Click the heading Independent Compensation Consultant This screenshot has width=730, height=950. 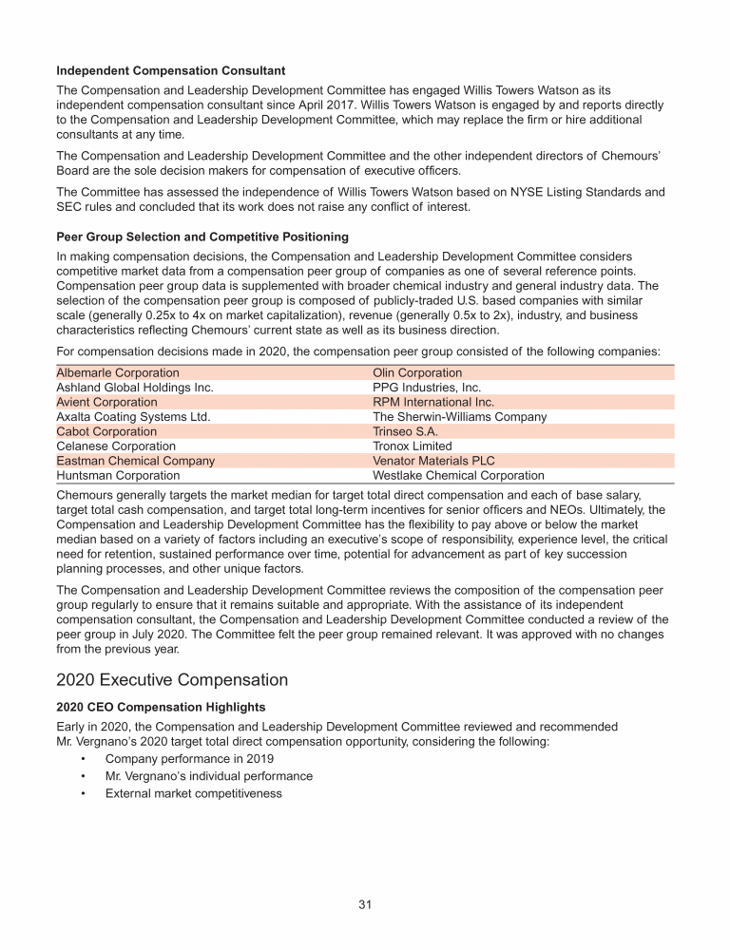171,71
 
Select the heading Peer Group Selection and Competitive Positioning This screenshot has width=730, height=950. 202,237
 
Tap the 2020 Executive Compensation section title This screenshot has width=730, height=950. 171,680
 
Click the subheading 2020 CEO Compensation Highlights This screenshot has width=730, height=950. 163,708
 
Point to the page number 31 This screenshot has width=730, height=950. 364,903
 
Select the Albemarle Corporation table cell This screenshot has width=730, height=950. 118,373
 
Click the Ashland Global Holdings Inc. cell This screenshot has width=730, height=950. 135,388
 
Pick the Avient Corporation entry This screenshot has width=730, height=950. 107,402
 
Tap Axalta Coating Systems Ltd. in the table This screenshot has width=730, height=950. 133,417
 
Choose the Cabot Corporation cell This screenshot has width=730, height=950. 106,431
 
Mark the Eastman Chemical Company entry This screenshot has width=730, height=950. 136,461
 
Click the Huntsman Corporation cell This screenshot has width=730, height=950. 118,475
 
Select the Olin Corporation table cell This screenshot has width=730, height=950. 417,373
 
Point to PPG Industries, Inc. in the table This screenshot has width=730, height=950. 427,388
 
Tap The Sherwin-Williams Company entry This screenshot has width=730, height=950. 460,417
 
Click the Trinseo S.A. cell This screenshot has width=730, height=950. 406,431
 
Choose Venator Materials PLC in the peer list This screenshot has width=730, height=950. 433,461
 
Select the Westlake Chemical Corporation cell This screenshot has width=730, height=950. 458,475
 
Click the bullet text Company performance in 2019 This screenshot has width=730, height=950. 189,759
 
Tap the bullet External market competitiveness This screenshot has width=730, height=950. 194,793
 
